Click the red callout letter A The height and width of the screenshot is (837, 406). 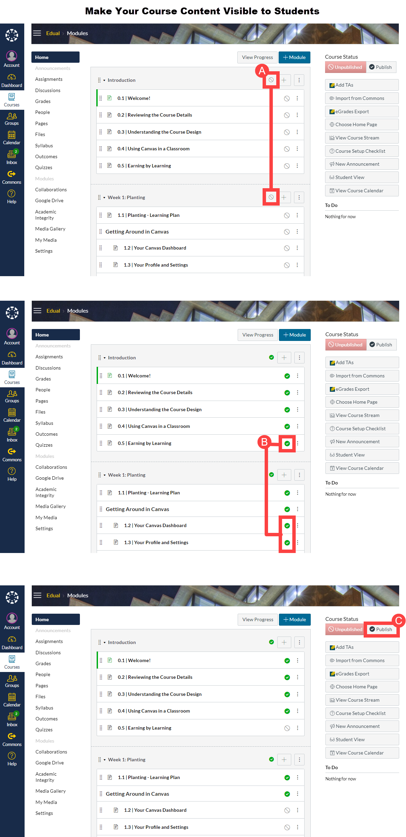pos(262,71)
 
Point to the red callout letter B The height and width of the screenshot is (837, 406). pos(264,442)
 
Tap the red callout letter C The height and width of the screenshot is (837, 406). pos(398,621)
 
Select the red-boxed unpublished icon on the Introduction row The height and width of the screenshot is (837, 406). pos(271,80)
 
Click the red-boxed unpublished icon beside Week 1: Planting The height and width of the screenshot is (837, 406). pos(271,197)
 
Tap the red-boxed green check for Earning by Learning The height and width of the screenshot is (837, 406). pos(287,444)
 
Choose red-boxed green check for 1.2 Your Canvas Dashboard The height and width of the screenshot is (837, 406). pos(287,526)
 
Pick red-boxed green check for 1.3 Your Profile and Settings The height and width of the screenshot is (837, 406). pos(287,543)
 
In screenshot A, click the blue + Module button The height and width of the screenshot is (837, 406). pos(294,57)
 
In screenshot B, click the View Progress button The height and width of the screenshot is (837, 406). pos(258,335)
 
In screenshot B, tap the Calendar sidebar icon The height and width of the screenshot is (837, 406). pos(12,415)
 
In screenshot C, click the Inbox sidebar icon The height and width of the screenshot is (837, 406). pos(12,719)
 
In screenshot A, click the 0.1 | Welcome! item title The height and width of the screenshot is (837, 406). pos(134,98)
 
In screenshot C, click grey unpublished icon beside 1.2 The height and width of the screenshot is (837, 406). pos(287,810)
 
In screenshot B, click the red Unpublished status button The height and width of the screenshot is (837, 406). pos(346,345)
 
